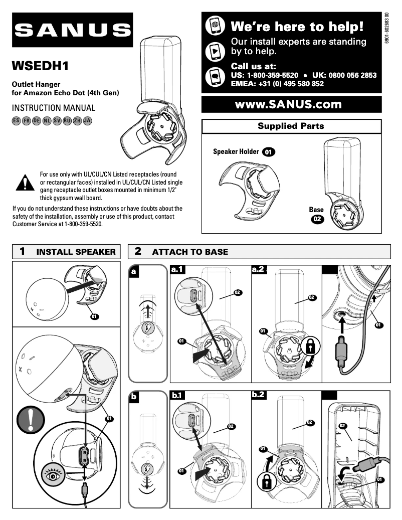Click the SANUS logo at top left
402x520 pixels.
click(x=73, y=31)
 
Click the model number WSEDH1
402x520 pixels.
click(x=40, y=66)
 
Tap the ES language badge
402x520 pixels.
click(x=16, y=121)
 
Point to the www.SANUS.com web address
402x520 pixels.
click(x=291, y=104)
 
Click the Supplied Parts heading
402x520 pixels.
click(x=291, y=126)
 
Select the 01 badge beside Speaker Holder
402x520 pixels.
click(x=269, y=151)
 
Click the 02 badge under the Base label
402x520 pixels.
click(x=317, y=219)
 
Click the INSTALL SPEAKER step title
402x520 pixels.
click(x=76, y=252)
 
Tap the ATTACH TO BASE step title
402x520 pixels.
click(x=189, y=252)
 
